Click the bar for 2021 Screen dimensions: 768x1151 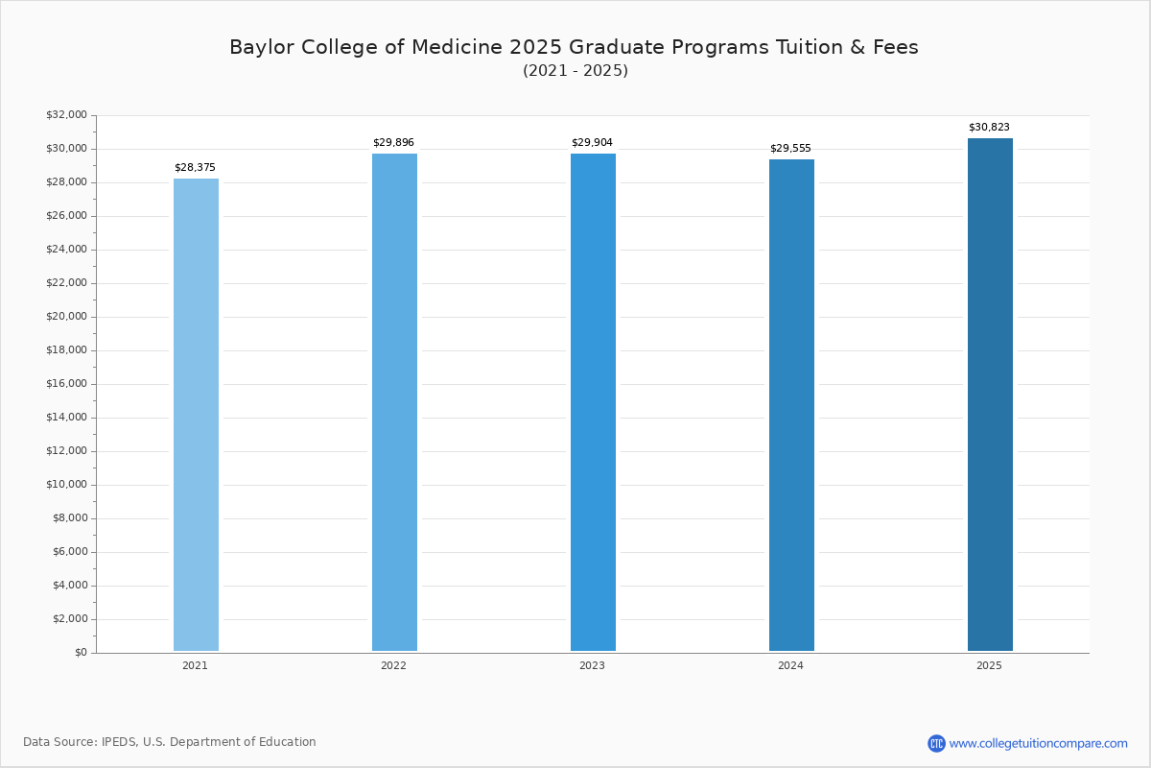pos(196,415)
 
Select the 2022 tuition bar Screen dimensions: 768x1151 pos(394,402)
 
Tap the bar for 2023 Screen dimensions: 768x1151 pos(593,402)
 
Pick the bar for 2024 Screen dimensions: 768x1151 pos(791,405)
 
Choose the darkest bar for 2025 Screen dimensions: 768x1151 pos(990,395)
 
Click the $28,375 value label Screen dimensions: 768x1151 pos(195,168)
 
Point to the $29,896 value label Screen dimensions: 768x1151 pos(393,143)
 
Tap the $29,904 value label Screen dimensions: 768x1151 pos(592,143)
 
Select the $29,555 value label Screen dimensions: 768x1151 pos(790,149)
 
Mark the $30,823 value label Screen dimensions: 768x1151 pos(989,128)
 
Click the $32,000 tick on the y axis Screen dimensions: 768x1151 pos(66,115)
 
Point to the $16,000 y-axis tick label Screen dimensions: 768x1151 pos(66,384)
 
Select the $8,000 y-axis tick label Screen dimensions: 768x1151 pos(68,518)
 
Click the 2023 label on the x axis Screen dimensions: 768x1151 pos(592,665)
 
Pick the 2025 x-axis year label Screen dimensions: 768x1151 pos(989,665)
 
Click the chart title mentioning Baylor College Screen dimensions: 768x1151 pos(574,48)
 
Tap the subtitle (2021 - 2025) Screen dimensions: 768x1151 pos(575,71)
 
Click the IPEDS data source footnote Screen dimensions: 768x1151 pos(170,742)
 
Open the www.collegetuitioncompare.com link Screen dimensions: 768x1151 pos(1038,743)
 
